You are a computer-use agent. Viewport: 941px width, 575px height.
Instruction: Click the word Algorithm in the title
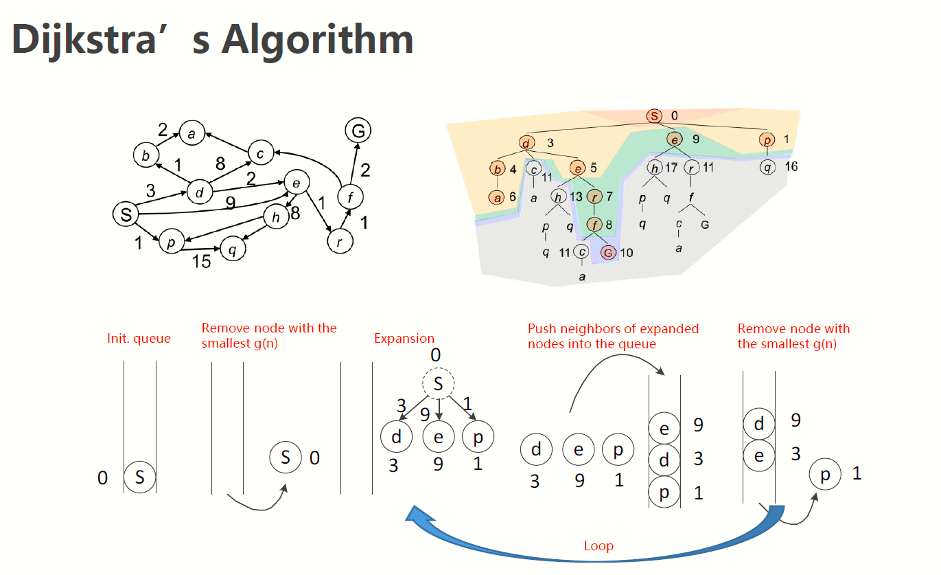(317, 40)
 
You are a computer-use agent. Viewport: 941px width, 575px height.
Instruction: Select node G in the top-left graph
(358, 130)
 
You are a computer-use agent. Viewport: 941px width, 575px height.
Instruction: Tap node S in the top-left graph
(126, 214)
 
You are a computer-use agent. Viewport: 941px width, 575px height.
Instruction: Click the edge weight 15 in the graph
(202, 261)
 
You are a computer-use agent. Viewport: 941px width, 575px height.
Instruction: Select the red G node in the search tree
(608, 253)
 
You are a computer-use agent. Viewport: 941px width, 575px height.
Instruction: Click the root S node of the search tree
(655, 116)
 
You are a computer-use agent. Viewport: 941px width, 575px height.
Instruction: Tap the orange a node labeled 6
(497, 197)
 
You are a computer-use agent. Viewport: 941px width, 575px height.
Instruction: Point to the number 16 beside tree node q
(791, 166)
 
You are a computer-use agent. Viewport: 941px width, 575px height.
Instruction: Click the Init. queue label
(139, 339)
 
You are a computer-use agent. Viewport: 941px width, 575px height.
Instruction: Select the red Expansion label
(404, 339)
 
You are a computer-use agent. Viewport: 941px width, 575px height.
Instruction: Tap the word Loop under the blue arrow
(599, 546)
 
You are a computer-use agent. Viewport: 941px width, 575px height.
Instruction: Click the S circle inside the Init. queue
(139, 477)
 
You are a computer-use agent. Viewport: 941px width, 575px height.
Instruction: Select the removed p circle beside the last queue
(825, 474)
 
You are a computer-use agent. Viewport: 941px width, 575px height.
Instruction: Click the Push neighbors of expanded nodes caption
(613, 336)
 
